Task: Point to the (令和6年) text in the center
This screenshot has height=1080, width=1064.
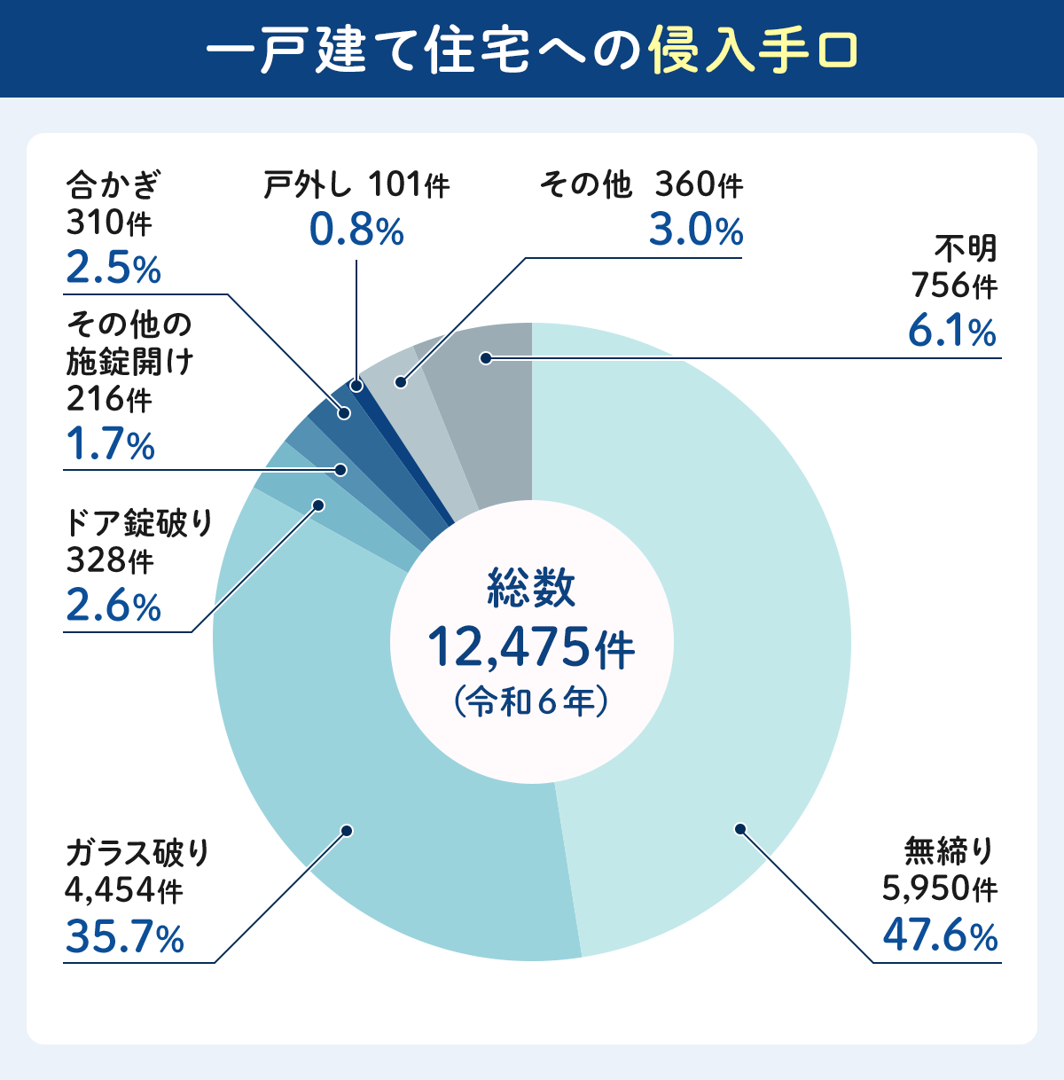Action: [531, 701]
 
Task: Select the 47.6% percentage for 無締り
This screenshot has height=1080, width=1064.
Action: [940, 936]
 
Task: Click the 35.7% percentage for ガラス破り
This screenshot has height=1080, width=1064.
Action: [125, 937]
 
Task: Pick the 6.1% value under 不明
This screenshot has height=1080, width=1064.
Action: [951, 332]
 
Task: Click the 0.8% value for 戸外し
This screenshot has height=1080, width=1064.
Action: [356, 231]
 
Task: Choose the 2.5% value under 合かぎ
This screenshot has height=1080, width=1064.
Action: [113, 269]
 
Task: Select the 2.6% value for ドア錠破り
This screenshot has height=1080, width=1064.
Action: [113, 607]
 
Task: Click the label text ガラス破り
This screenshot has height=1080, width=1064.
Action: [138, 852]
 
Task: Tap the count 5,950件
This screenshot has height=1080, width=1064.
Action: [940, 888]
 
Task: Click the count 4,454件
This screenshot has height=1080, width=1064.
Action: [124, 889]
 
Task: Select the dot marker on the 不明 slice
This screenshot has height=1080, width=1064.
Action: [485, 358]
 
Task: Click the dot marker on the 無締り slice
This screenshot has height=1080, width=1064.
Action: [739, 829]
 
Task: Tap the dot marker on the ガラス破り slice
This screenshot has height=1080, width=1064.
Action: [347, 831]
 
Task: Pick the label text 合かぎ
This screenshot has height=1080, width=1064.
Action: [113, 186]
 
